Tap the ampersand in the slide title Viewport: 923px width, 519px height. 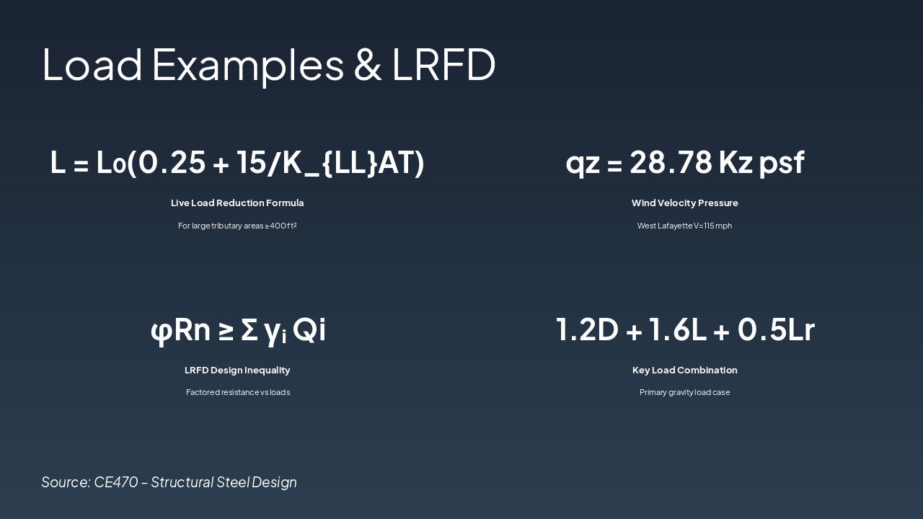click(368, 64)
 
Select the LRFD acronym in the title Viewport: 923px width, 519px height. click(443, 64)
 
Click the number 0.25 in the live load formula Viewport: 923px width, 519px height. click(172, 161)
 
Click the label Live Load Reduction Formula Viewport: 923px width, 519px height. click(237, 203)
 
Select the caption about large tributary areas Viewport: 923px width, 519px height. click(237, 226)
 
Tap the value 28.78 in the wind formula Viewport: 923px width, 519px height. click(676, 161)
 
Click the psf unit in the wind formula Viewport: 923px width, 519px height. click(782, 163)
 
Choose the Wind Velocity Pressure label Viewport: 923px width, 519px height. click(684, 203)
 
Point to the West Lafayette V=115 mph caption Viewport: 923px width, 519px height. click(684, 226)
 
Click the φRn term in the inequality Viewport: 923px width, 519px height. click(180, 330)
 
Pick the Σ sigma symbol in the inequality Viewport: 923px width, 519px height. click(249, 330)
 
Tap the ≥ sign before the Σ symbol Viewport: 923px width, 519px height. click(226, 330)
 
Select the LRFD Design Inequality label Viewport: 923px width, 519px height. click(237, 371)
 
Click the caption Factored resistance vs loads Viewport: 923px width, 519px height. click(237, 393)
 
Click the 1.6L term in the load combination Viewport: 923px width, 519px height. click(678, 329)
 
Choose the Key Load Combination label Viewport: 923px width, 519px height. click(684, 371)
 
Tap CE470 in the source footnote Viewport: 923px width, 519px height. click(115, 482)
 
